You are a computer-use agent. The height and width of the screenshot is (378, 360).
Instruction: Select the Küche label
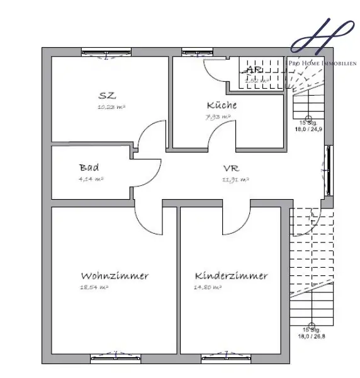[222, 106]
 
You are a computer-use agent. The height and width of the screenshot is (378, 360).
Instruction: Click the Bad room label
[89, 168]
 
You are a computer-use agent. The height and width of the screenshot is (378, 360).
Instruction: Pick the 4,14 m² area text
[91, 180]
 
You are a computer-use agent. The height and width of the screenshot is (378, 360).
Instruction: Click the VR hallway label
[230, 169]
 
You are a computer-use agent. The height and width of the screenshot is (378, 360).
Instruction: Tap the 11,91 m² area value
[235, 180]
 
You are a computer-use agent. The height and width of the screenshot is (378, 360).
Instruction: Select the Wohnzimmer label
[115, 276]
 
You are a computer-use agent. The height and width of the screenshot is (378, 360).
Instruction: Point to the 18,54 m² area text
[95, 287]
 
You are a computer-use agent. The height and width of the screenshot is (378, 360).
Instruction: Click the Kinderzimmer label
[231, 276]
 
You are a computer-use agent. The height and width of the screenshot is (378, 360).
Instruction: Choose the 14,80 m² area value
[208, 287]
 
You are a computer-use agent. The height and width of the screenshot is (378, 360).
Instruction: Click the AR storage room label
[254, 70]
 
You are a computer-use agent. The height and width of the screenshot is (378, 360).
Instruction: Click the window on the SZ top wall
[106, 53]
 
